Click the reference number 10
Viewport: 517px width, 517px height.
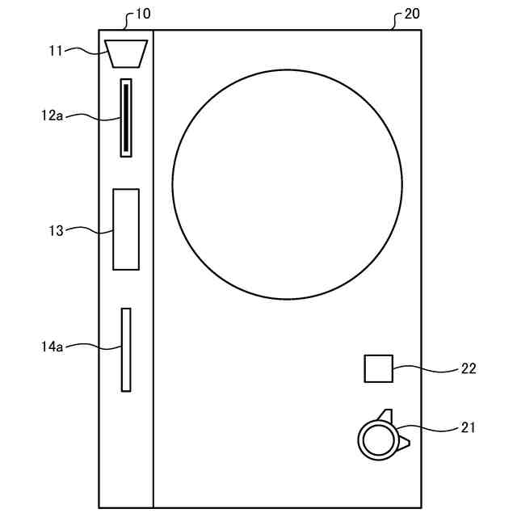coord(143,14)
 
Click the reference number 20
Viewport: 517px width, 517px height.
coord(412,14)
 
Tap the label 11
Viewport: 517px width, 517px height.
coord(56,51)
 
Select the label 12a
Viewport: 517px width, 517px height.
coord(52,116)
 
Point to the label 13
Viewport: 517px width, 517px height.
coord(56,231)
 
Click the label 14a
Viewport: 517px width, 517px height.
coord(52,347)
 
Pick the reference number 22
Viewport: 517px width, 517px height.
coord(469,368)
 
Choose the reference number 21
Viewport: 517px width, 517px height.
coord(468,427)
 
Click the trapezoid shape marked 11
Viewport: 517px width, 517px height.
coord(126,54)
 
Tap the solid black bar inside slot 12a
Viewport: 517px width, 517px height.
coord(126,117)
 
